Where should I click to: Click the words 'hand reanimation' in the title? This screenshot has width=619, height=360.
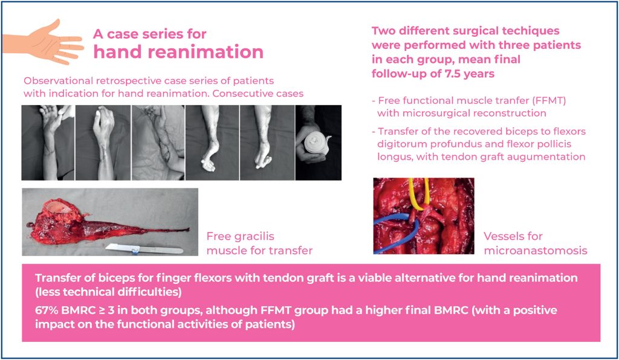pos(178,52)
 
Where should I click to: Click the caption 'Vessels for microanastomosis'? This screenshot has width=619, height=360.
pos(535,243)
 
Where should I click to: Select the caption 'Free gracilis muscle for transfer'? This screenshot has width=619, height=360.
pos(259,243)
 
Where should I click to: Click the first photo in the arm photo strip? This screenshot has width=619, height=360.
pos(48,143)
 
